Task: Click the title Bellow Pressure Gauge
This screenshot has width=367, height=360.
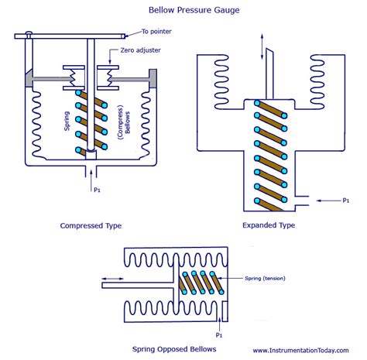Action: click(183, 11)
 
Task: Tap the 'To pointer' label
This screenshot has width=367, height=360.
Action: click(158, 31)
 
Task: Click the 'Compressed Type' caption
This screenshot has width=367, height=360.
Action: click(91, 226)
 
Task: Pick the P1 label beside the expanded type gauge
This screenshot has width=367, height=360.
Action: click(345, 200)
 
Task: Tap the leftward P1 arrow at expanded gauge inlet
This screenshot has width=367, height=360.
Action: click(321, 200)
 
